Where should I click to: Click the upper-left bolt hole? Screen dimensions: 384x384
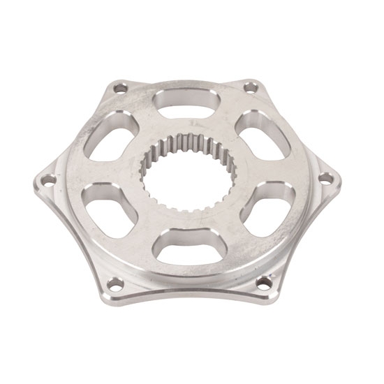tap(120, 89)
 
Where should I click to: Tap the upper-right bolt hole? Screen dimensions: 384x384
tap(249, 87)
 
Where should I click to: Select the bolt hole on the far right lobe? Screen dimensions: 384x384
tap(325, 177)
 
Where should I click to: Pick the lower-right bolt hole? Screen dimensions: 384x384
tap(264, 281)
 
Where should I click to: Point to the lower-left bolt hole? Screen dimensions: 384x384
tap(116, 283)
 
